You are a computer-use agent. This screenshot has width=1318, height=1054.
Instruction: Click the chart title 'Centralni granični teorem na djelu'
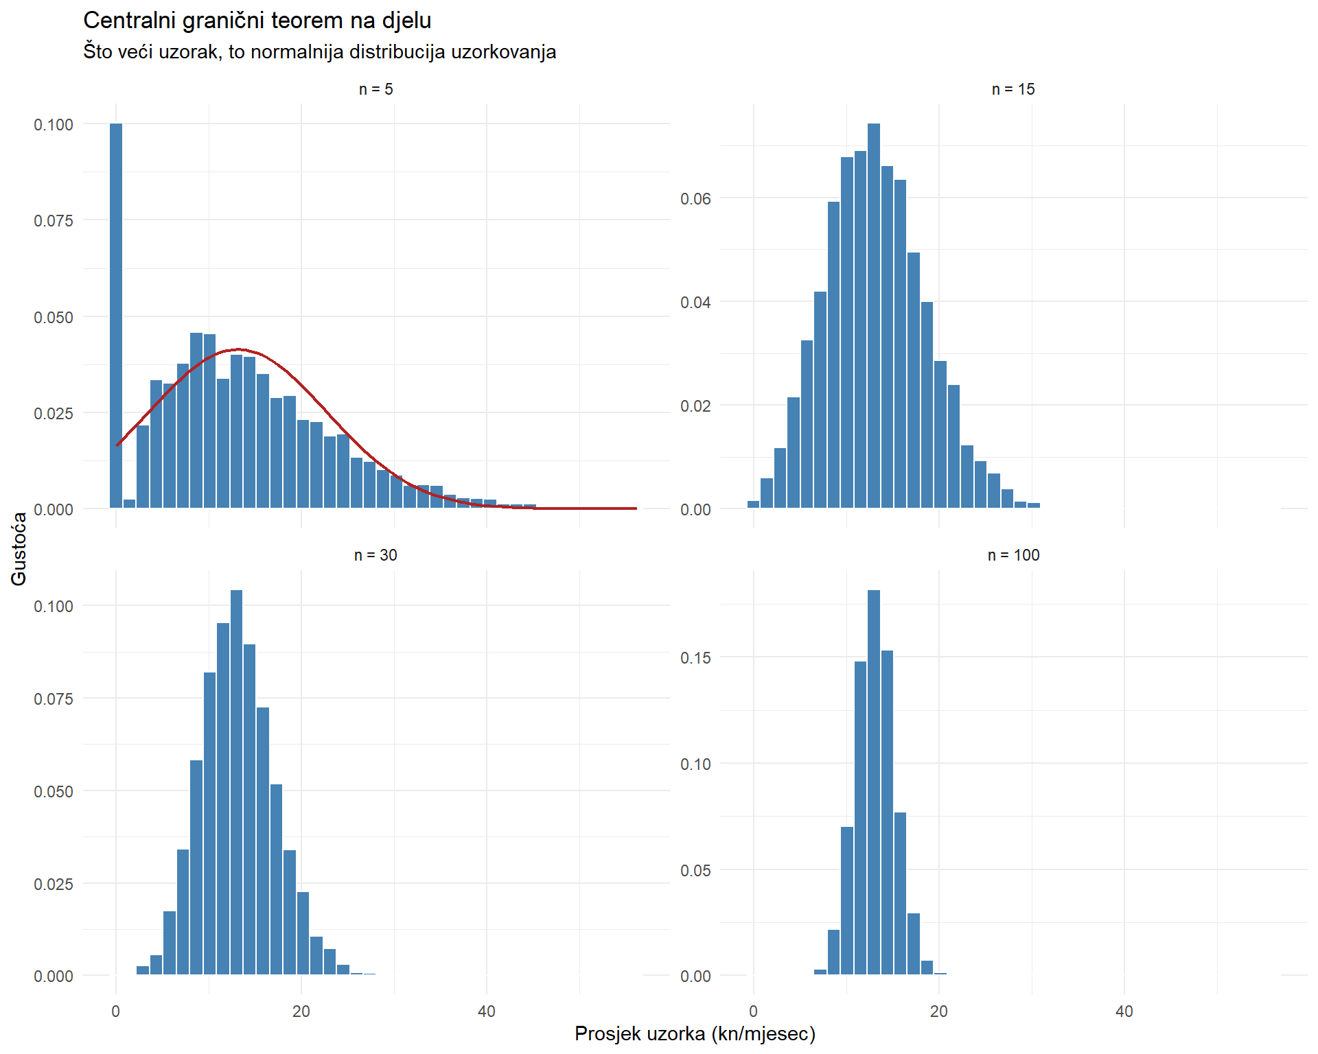coord(257,21)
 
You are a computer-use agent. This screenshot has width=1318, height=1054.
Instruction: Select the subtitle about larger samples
coord(319,52)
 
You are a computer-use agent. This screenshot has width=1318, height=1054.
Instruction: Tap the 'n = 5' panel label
coord(375,89)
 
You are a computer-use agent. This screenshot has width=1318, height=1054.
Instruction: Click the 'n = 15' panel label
coord(1013,89)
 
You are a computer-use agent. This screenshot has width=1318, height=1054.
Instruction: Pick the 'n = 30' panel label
coord(375,555)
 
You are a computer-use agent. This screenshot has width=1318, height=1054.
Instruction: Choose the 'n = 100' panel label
coord(1013,555)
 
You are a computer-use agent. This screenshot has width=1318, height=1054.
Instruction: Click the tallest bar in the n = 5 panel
coord(116,316)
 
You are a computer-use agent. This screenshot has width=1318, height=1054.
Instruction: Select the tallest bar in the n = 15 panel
coord(874,316)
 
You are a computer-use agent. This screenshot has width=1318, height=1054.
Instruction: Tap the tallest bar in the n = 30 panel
coord(237,782)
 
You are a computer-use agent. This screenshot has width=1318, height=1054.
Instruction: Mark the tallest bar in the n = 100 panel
coord(874,782)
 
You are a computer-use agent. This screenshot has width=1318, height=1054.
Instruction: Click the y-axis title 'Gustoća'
coord(19,549)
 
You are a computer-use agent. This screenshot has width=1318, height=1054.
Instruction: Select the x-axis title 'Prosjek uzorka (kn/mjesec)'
coord(695,1034)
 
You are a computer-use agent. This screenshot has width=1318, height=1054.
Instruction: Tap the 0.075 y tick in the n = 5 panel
coord(54,221)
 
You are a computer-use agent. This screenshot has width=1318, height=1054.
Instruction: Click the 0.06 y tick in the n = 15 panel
coord(695,199)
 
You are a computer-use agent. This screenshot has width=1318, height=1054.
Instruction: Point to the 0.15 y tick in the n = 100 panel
coord(695,657)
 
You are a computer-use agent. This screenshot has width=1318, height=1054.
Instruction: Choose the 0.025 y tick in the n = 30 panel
coord(54,884)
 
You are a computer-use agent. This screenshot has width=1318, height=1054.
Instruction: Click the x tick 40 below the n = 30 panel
coord(487,1011)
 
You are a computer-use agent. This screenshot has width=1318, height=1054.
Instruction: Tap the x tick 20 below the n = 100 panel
coord(938,1011)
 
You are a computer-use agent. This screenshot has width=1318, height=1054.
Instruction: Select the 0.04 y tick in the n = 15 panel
coord(695,303)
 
